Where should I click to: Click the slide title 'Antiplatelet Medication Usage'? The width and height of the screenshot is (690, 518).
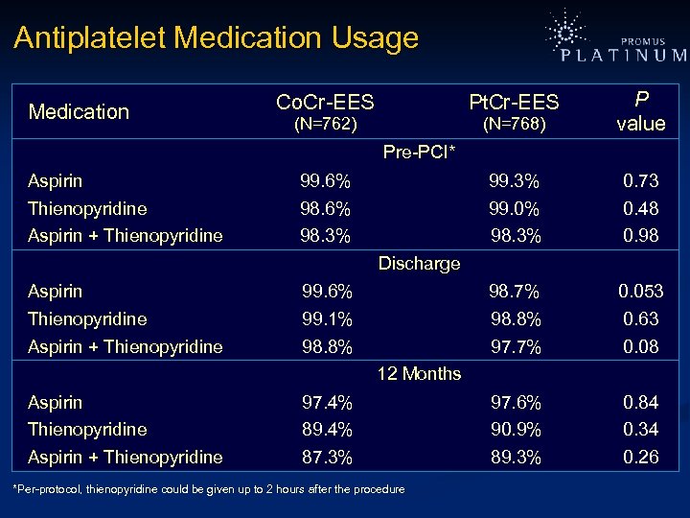coord(216,38)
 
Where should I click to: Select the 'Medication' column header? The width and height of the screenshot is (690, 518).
coord(79,112)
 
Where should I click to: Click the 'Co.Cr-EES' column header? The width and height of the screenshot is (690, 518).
coord(325,102)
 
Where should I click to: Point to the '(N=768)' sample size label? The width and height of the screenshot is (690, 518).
coord(515,125)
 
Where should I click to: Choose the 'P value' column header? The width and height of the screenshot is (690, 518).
coord(640,111)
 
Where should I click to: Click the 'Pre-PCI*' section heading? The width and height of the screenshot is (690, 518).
coord(419,153)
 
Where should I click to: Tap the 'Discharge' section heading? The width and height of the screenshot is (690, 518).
coord(419,263)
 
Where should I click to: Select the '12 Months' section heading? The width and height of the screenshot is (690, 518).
coord(419,374)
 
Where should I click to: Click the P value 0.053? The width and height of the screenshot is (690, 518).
coord(640,291)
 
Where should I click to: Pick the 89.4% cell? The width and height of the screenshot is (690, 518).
coord(326,429)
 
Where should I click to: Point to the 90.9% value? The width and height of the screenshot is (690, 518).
coord(515,429)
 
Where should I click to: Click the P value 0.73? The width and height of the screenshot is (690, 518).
coord(640,180)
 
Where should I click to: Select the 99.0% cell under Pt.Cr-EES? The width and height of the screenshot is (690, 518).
coord(515,208)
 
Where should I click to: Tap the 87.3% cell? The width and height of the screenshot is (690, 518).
coord(326,457)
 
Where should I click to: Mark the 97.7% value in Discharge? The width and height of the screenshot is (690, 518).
coord(515,346)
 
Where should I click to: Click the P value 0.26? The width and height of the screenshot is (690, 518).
coord(640,457)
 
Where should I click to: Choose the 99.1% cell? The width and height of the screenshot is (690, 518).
coord(326,318)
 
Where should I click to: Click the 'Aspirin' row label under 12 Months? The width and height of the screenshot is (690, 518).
coord(55,402)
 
